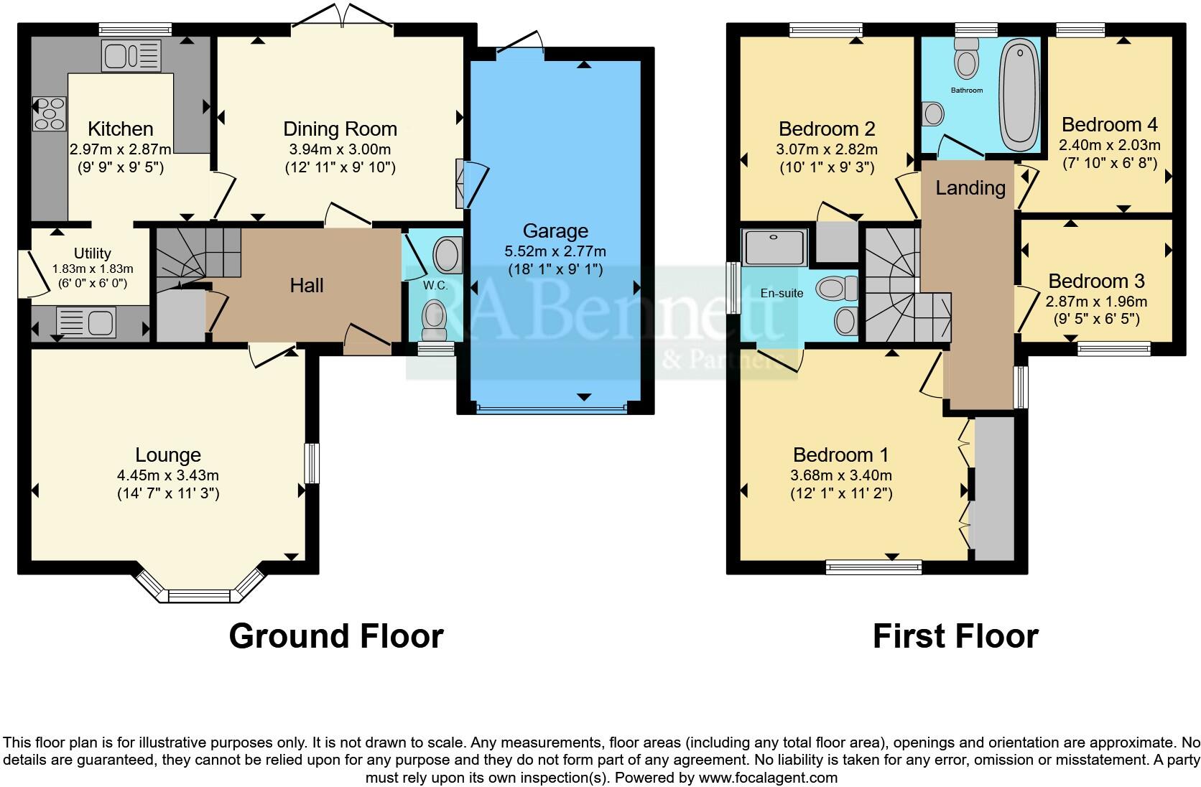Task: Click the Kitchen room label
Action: [x=120, y=129]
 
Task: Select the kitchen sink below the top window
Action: [x=131, y=55]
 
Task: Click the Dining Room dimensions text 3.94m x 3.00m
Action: [x=340, y=149]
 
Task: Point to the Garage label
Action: [x=555, y=231]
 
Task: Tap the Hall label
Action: [x=307, y=286]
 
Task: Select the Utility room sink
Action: [x=85, y=321]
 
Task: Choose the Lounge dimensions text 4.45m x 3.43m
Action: [x=168, y=475]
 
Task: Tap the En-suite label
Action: [x=782, y=294]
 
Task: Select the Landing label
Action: [x=970, y=188]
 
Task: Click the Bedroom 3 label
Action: [x=1096, y=281]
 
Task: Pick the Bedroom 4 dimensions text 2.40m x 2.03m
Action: [x=1109, y=144]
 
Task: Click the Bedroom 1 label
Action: [x=840, y=455]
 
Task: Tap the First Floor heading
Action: [x=955, y=636]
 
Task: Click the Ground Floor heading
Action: [x=336, y=636]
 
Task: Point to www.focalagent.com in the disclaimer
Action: [x=768, y=777]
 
